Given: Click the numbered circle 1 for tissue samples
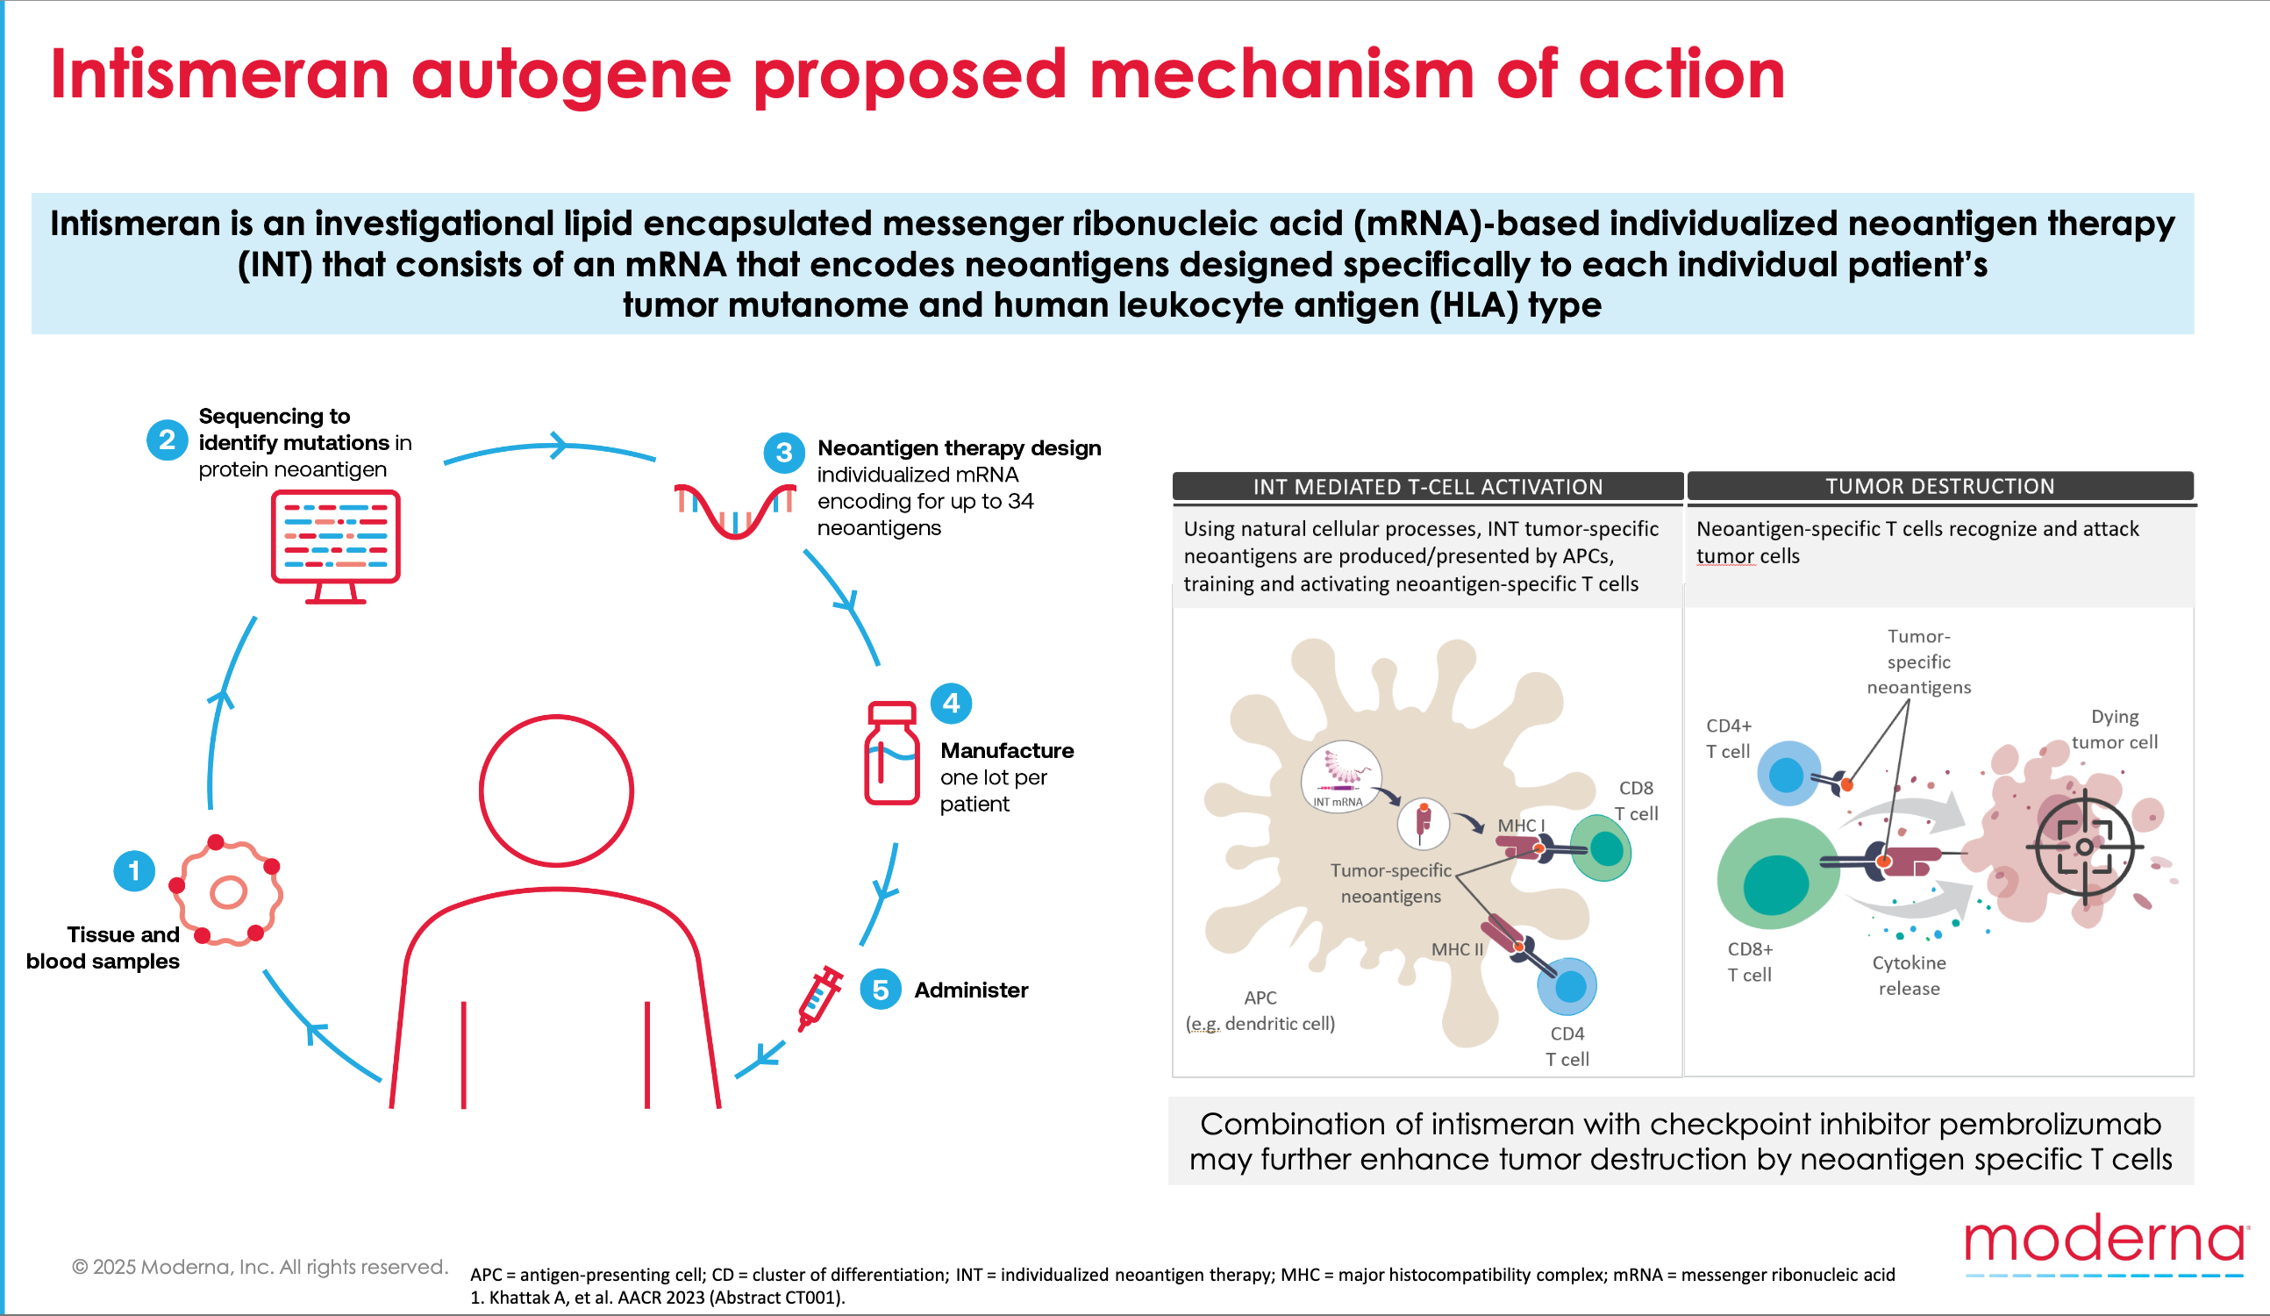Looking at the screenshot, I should (134, 871).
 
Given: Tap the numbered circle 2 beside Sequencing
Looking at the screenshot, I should (167, 440).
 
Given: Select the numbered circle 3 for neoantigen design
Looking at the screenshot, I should (783, 452).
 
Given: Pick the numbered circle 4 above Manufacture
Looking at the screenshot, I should (950, 704).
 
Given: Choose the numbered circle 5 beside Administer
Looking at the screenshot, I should (880, 990).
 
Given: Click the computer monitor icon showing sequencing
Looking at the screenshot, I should (335, 543).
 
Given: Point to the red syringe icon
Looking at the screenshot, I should (820, 998).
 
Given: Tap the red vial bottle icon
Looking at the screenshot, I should (891, 753).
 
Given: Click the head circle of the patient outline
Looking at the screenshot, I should (556, 790).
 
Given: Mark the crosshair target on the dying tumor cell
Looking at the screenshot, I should (2083, 847).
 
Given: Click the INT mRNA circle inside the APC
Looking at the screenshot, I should (1340, 776).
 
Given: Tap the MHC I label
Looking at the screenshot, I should (1521, 825).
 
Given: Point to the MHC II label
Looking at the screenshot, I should (1457, 949).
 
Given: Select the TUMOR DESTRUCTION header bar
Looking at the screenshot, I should (1939, 486).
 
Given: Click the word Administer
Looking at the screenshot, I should (971, 990).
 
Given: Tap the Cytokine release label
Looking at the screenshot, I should (1909, 976).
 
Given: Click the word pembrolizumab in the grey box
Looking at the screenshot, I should (2049, 1123).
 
